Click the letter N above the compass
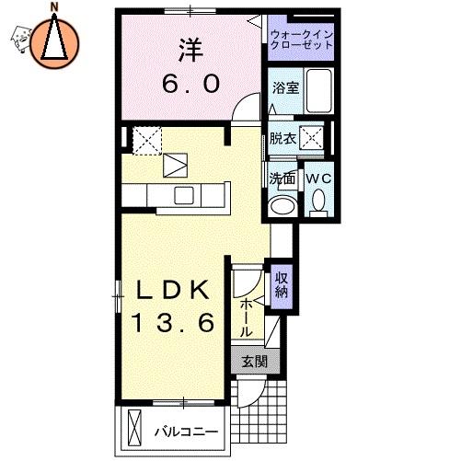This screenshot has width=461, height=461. click(54, 7)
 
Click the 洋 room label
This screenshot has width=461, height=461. click(190, 51)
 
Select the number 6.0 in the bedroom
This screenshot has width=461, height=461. click(190, 84)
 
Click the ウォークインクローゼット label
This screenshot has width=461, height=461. click(302, 40)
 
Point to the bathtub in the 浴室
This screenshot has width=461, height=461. click(319, 90)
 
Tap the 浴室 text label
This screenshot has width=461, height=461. click(285, 88)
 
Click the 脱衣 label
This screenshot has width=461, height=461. click(282, 138)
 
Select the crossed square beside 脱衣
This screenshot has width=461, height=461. click(312, 138)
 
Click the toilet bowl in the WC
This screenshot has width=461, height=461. click(318, 200)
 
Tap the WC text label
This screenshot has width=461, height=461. click(318, 179)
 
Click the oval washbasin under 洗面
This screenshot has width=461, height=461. click(282, 206)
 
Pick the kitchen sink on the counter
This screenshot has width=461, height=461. click(184, 195)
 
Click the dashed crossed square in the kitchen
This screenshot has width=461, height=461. click(147, 141)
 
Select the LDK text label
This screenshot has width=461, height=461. click(173, 291)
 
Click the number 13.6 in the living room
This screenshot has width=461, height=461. click(172, 323)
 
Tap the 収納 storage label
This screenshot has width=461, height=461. click(282, 285)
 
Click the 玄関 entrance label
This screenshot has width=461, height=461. click(255, 362)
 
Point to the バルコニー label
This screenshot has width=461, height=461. click(186, 432)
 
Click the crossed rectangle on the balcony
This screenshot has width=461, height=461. click(134, 429)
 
